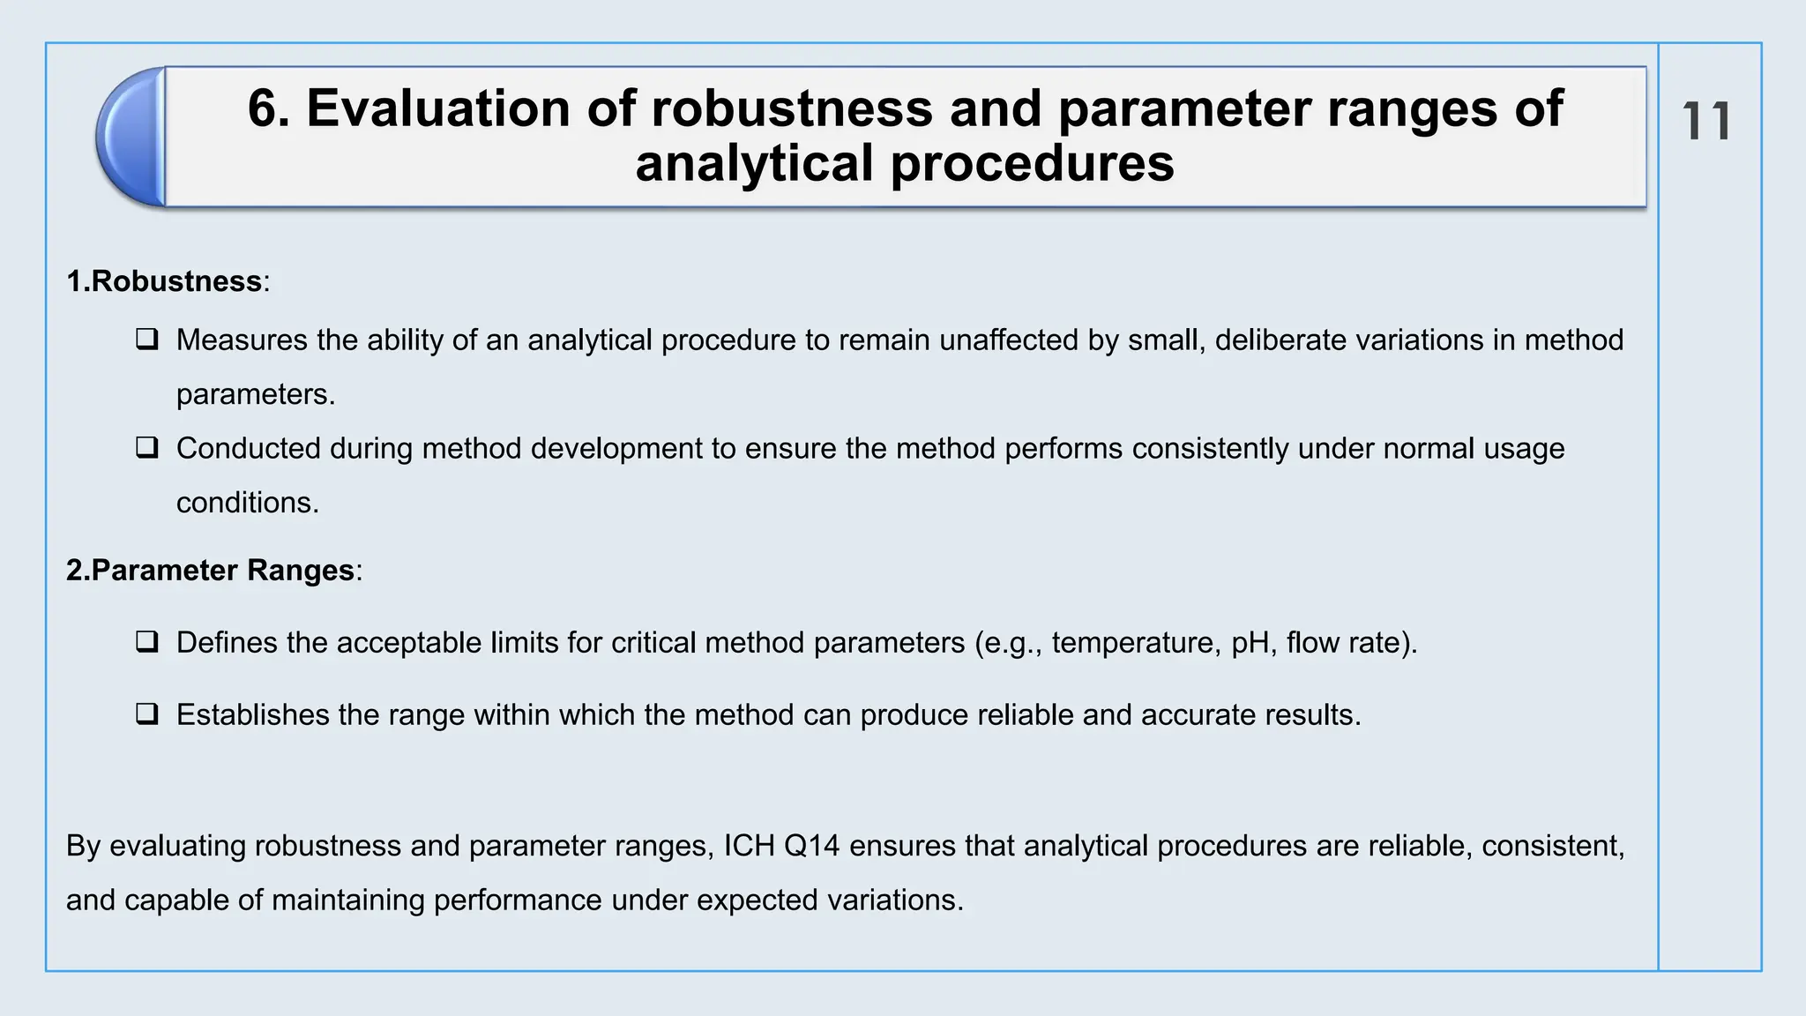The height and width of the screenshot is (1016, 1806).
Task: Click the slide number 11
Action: point(1706,122)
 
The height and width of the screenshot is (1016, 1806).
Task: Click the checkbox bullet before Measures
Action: point(147,340)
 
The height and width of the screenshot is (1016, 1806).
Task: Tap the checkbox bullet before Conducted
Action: point(147,448)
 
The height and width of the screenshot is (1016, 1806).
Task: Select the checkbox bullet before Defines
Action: point(147,642)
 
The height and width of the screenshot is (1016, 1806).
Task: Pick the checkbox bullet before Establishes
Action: point(147,714)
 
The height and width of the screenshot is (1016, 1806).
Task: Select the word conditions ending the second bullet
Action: point(246,503)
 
